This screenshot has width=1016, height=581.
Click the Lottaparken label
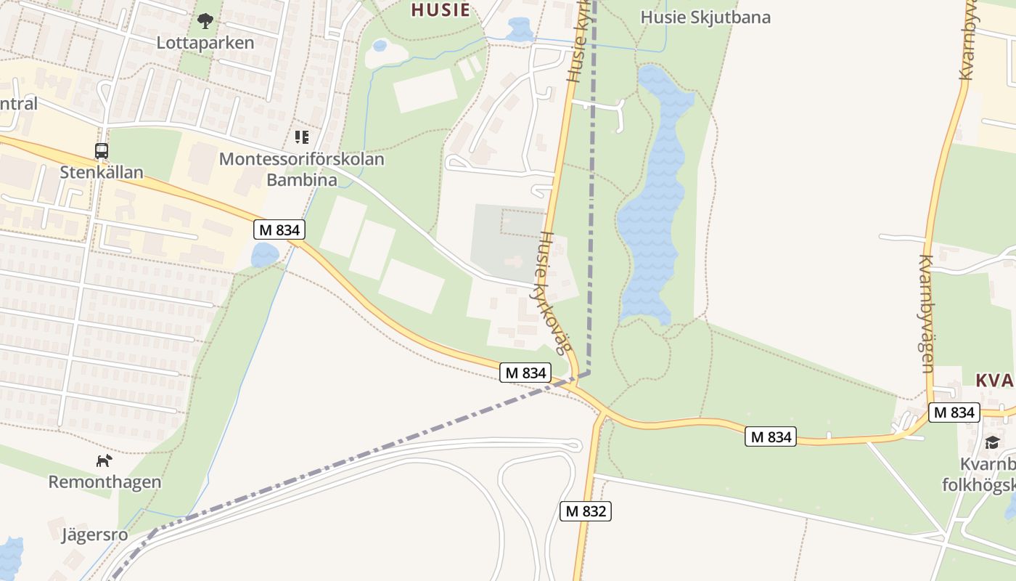pos(205,43)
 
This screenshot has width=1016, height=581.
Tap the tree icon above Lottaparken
pos(205,21)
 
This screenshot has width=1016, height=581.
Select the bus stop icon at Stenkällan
pos(102,151)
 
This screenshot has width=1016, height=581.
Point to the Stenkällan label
pos(102,173)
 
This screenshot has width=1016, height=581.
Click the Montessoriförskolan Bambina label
pos(301,168)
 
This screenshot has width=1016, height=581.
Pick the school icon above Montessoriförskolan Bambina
pos(302,137)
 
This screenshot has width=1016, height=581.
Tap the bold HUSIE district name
pos(440,9)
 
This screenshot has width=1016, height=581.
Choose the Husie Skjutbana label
pos(705,17)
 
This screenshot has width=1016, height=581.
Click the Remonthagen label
pos(105,482)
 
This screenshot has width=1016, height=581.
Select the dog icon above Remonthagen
pos(105,460)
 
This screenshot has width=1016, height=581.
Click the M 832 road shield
pos(586,511)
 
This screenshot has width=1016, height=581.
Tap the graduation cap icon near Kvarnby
pos(992,442)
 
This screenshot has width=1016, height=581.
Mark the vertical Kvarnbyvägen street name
pos(927,314)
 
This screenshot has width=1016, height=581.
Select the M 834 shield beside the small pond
pos(279,230)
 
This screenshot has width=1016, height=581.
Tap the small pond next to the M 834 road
pos(264,255)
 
